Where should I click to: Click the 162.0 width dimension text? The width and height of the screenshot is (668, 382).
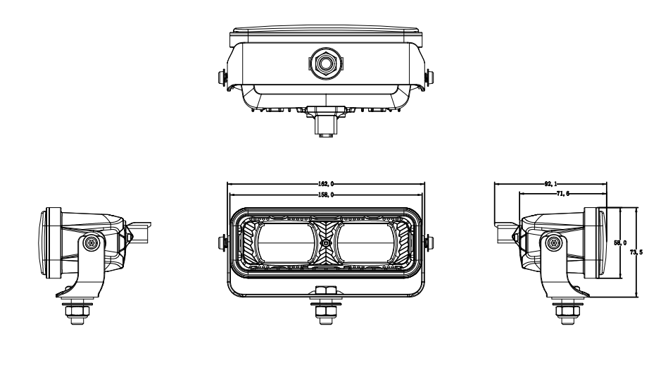(x=325, y=184)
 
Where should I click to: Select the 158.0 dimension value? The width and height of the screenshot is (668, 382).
(x=325, y=194)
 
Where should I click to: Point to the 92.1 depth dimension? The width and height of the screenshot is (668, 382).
(x=550, y=184)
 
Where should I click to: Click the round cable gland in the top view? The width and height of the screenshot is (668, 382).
(x=325, y=63)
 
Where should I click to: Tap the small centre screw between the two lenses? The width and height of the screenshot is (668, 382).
(x=325, y=242)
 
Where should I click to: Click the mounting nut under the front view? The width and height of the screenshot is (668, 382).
(x=325, y=308)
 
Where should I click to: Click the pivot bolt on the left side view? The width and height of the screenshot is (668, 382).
(x=91, y=242)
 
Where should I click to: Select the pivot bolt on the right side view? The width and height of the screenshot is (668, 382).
(x=554, y=242)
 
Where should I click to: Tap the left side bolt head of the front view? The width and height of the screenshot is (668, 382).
(x=225, y=242)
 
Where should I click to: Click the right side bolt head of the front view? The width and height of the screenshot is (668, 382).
(x=427, y=242)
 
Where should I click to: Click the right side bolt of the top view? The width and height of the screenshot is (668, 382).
(x=431, y=75)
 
